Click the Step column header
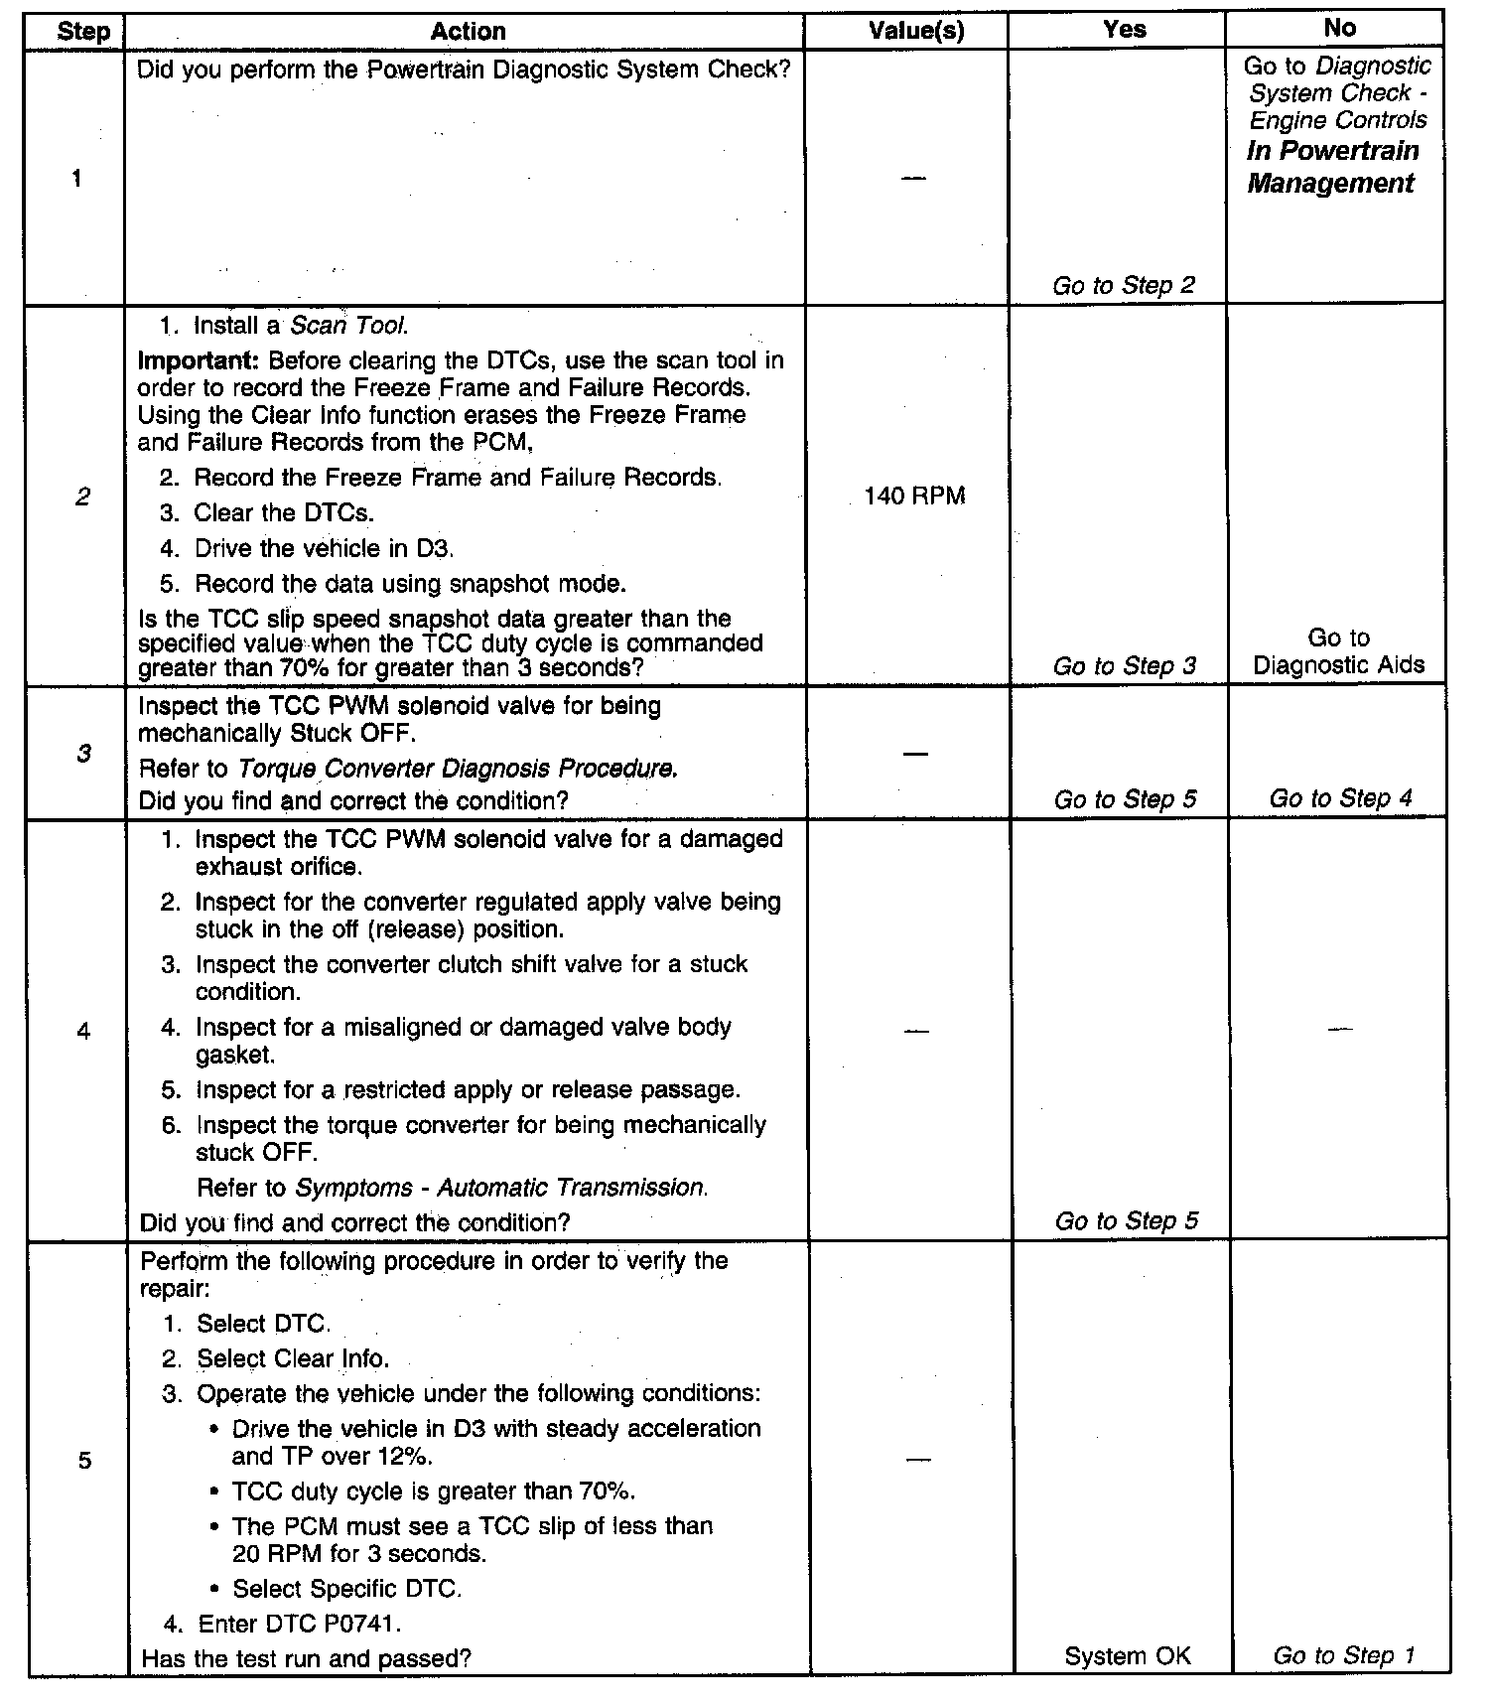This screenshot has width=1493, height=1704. pyautogui.click(x=83, y=31)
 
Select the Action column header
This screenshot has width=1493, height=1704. pyautogui.click(x=468, y=31)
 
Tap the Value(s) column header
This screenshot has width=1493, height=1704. pyautogui.click(x=915, y=31)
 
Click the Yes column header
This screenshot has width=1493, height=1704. pyautogui.click(x=1124, y=30)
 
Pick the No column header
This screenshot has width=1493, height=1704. pyautogui.click(x=1339, y=28)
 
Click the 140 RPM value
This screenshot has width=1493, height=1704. pyautogui.click(x=914, y=496)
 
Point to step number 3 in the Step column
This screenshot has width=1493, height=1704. pyautogui.click(x=83, y=754)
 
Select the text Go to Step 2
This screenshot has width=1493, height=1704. pyautogui.click(x=1124, y=286)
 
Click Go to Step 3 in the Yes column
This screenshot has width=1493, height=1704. pyautogui.click(x=1125, y=666)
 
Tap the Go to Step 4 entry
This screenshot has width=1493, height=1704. pyautogui.click(x=1340, y=798)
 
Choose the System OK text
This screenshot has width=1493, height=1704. pyautogui.click(x=1127, y=1655)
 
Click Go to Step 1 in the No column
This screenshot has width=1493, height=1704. pyautogui.click(x=1343, y=1655)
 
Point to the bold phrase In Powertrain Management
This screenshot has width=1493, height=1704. pyautogui.click(x=1332, y=167)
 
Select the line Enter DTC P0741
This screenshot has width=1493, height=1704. pyautogui.click(x=299, y=1624)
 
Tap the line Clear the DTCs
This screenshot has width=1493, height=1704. pyautogui.click(x=284, y=513)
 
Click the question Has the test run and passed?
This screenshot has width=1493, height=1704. pyautogui.click(x=306, y=1657)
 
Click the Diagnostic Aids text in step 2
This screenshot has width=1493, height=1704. pyautogui.click(x=1338, y=665)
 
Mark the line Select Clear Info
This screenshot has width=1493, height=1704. pyautogui.click(x=293, y=1358)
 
